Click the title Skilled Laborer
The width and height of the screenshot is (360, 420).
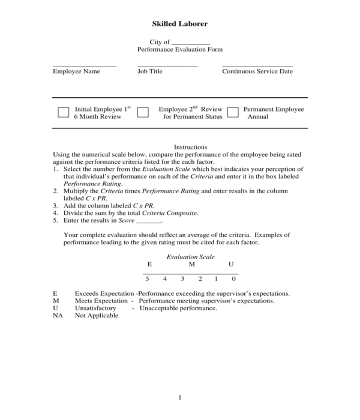click(x=179, y=24)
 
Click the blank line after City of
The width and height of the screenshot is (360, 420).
click(x=190, y=44)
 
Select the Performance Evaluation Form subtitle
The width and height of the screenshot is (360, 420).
click(x=179, y=50)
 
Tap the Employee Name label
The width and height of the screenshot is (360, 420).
click(x=76, y=71)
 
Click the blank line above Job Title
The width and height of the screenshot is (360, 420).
click(x=167, y=66)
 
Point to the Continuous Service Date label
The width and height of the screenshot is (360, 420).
click(x=257, y=71)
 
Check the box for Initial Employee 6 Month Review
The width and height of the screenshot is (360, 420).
click(x=64, y=112)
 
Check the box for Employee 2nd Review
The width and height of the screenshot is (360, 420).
click(x=143, y=112)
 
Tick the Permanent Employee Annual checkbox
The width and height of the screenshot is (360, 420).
click(x=233, y=112)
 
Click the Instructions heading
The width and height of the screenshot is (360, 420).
click(x=190, y=147)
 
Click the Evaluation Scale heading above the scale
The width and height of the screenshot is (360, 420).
click(x=190, y=257)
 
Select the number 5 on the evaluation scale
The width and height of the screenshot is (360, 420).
click(x=147, y=279)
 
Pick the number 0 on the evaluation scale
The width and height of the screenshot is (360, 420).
click(x=233, y=279)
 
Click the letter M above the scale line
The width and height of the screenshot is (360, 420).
click(x=191, y=265)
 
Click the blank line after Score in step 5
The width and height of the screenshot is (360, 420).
click(x=149, y=221)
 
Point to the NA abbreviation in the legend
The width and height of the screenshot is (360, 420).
click(x=58, y=316)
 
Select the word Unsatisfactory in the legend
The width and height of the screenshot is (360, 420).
click(x=95, y=308)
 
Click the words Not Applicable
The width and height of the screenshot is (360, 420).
click(x=97, y=316)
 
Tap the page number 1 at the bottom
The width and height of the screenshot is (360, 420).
click(x=179, y=397)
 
